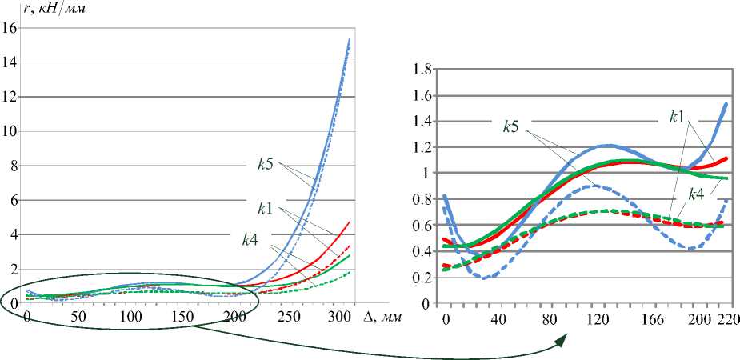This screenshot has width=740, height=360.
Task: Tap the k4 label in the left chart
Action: pyautogui.click(x=250, y=239)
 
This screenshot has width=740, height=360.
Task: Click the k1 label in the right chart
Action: pyautogui.click(x=678, y=116)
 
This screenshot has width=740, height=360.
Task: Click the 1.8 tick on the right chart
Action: pyautogui.click(x=422, y=70)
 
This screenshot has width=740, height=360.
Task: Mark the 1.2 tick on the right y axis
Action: pyautogui.click(x=422, y=147)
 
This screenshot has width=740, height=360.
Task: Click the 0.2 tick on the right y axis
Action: pyautogui.click(x=422, y=278)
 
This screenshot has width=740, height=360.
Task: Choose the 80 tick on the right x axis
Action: pyautogui.click(x=551, y=318)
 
